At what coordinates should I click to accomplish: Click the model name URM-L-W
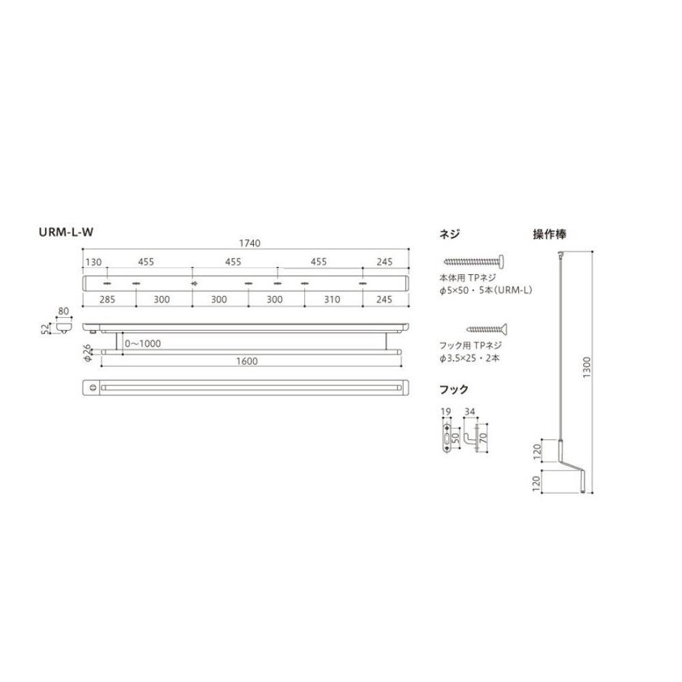tap(66, 232)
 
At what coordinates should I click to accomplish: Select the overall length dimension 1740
tap(250, 243)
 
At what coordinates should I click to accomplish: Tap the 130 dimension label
tap(93, 262)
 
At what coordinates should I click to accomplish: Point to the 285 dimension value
tap(108, 299)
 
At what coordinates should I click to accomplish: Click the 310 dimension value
tap(332, 299)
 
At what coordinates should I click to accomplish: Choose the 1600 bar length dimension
tap(247, 361)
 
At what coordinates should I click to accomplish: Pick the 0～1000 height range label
tap(143, 343)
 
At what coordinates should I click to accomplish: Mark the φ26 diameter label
tap(87, 353)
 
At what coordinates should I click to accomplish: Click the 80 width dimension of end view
tap(63, 311)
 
